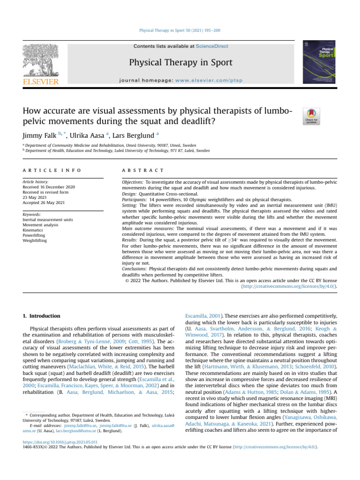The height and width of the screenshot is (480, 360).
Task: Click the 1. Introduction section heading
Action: (x=42, y=316)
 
